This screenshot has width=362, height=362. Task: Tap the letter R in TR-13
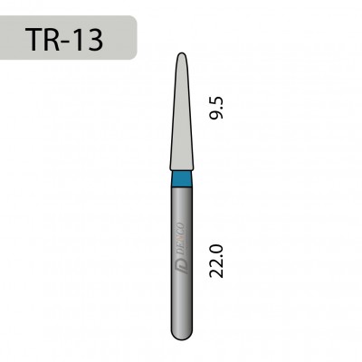pyautogui.click(x=57, y=38)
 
